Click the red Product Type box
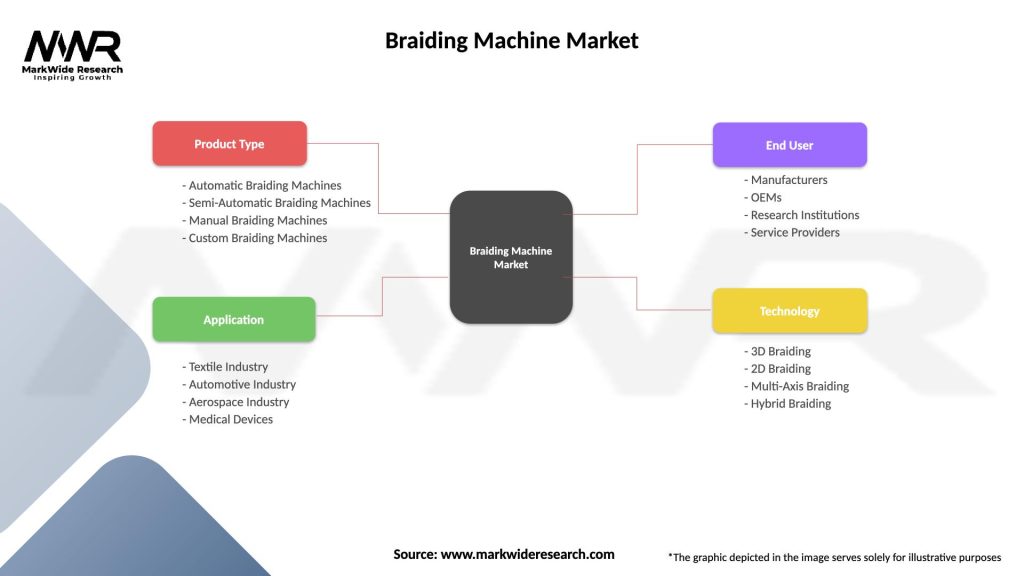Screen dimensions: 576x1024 pyautogui.click(x=229, y=144)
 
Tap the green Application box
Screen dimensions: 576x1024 pyautogui.click(x=233, y=320)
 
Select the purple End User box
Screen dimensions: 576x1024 pyautogui.click(x=789, y=145)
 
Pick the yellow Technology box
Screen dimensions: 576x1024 pyautogui.click(x=789, y=311)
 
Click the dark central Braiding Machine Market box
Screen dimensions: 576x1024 pyautogui.click(x=511, y=257)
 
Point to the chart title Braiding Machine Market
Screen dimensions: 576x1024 pyautogui.click(x=511, y=41)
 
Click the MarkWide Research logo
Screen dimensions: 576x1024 pyautogui.click(x=73, y=55)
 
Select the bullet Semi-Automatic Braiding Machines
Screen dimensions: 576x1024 pyautogui.click(x=276, y=203)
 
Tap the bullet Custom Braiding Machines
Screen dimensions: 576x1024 pyautogui.click(x=255, y=238)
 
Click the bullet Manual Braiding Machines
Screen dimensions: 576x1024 pyautogui.click(x=255, y=220)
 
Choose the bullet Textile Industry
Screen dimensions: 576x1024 pyautogui.click(x=225, y=367)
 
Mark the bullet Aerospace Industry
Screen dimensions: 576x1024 pyautogui.click(x=236, y=402)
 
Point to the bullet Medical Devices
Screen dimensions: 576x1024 pyautogui.click(x=227, y=419)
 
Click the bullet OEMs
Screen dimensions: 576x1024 pyautogui.click(x=763, y=197)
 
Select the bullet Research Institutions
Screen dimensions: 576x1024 pyautogui.click(x=801, y=215)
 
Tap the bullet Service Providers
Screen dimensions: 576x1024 pyautogui.click(x=792, y=232)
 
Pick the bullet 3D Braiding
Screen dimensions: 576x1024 pyautogui.click(x=777, y=351)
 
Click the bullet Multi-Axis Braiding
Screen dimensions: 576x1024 pyautogui.click(x=796, y=386)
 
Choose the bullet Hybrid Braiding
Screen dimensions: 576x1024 pyautogui.click(x=787, y=403)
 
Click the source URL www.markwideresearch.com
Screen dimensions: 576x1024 pyautogui.click(x=527, y=554)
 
